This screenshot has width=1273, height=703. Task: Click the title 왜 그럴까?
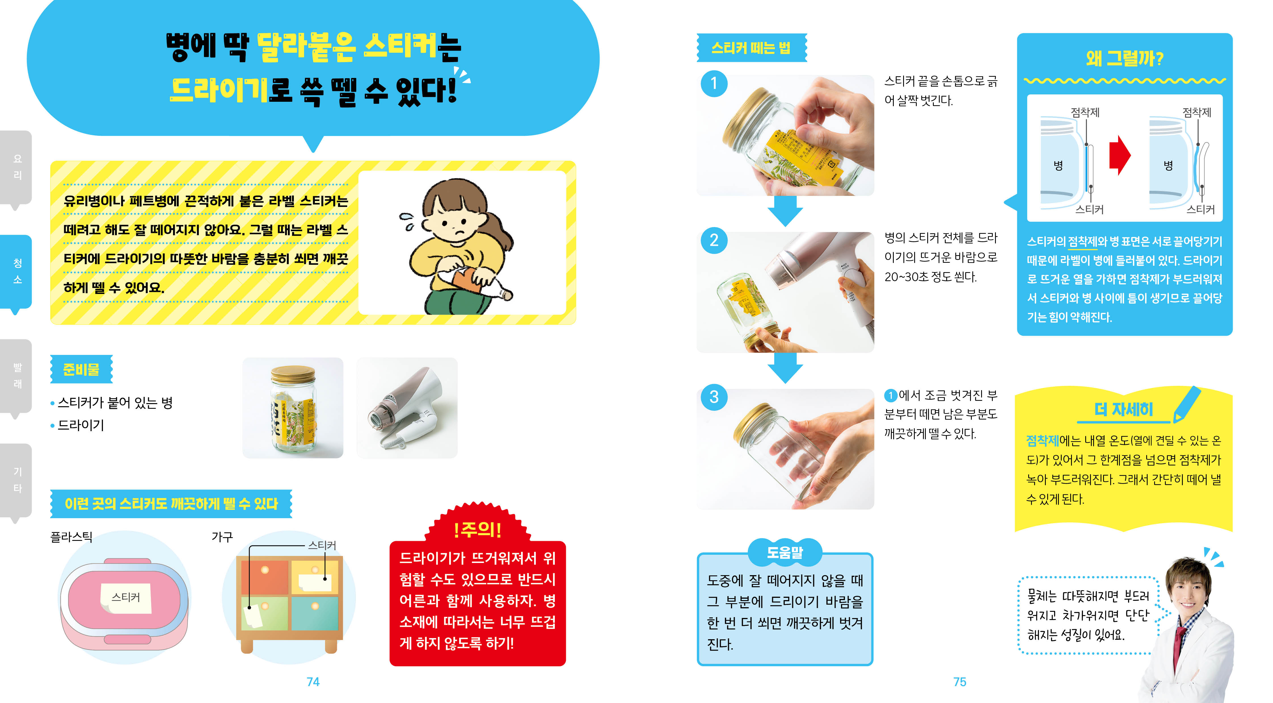click(1124, 58)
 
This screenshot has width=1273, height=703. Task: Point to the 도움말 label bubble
click(785, 552)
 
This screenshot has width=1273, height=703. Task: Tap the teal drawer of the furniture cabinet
click(315, 614)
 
